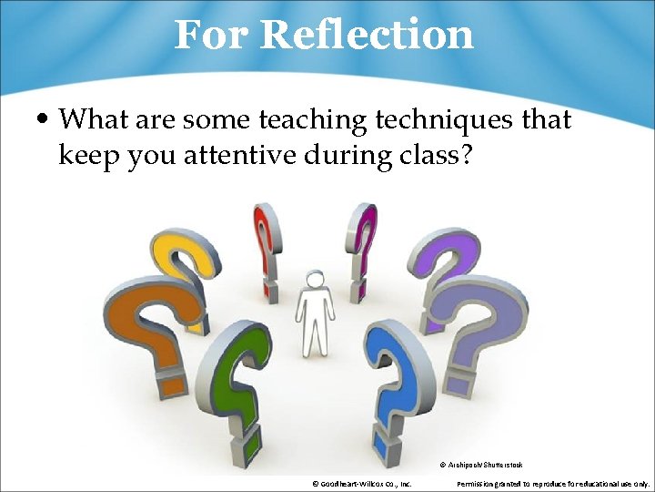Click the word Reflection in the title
(367, 35)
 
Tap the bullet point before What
(43, 119)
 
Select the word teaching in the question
(318, 119)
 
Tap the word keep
(90, 155)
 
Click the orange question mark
(150, 314)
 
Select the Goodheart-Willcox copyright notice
(361, 484)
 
